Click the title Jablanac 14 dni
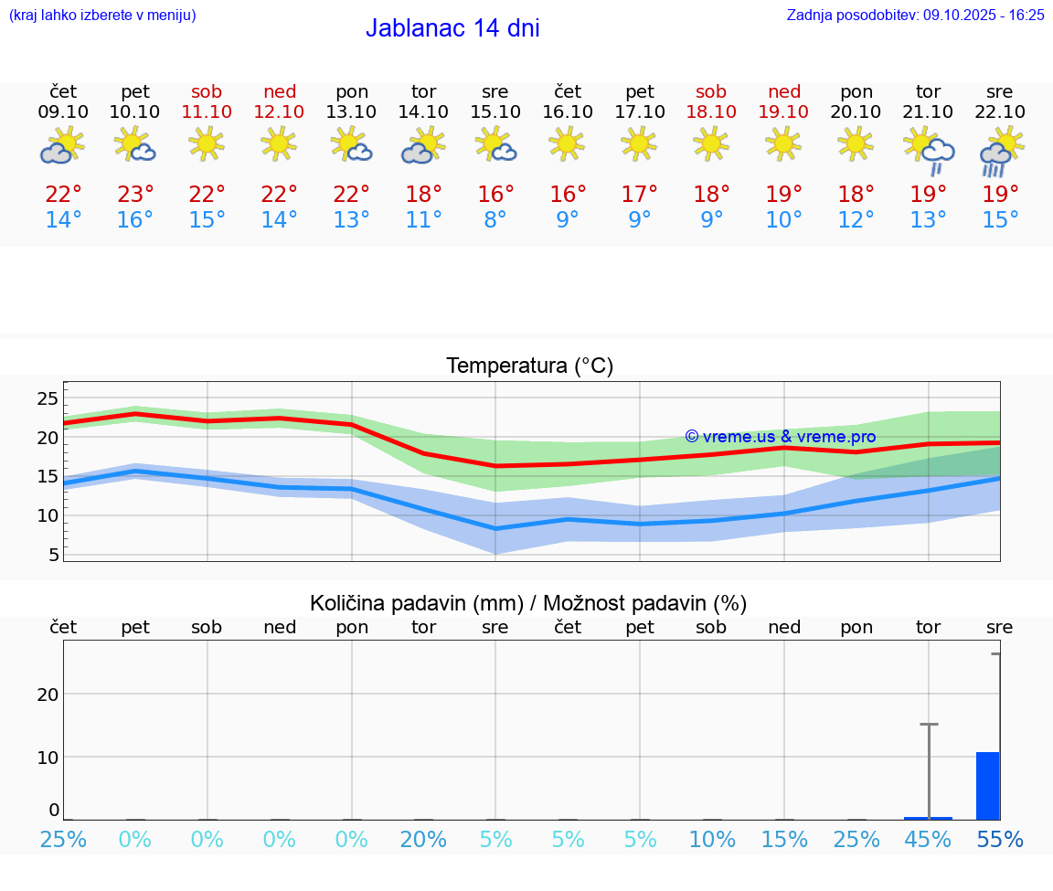(x=452, y=28)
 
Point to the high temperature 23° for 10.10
(x=135, y=194)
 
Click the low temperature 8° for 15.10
(x=495, y=220)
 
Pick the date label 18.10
(x=711, y=111)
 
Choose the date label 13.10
(x=352, y=111)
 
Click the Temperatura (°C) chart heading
(x=529, y=366)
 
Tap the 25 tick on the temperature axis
(x=48, y=398)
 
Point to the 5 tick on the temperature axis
(x=53, y=555)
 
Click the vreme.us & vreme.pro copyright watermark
(x=781, y=437)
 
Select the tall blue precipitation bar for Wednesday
(x=987, y=786)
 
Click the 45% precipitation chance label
(x=928, y=839)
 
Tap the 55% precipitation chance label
(x=999, y=839)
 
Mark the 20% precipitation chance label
(x=424, y=839)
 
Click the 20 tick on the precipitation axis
(x=48, y=694)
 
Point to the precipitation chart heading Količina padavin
(x=528, y=603)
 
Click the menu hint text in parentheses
(x=102, y=15)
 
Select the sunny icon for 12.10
(x=279, y=143)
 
